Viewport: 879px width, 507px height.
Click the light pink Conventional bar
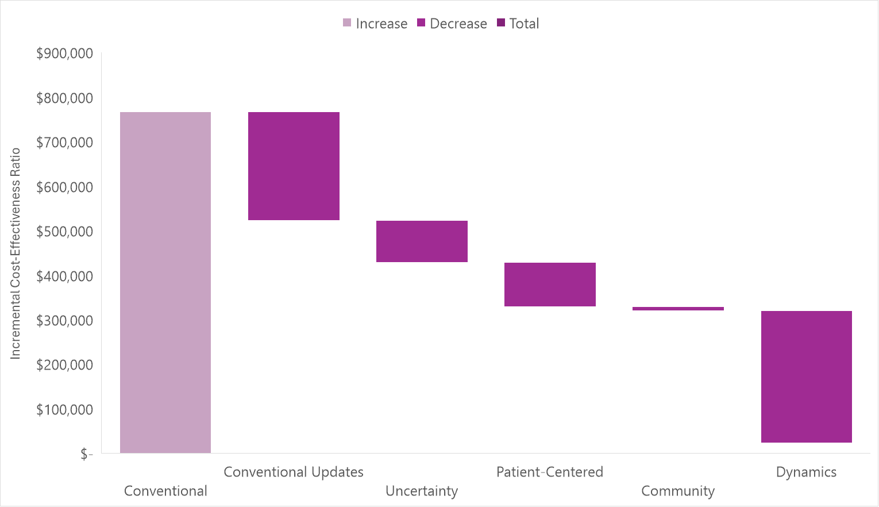point(165,282)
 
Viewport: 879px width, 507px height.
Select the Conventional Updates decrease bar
point(294,166)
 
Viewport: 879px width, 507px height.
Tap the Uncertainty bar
point(422,241)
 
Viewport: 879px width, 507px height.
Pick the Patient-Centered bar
point(550,285)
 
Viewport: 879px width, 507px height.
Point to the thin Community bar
point(678,309)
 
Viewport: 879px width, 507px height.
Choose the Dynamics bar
point(806,377)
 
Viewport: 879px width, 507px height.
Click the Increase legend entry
point(375,24)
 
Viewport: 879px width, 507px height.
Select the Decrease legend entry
point(452,24)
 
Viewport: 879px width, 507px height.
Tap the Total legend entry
point(518,24)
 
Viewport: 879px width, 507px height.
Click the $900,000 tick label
point(64,53)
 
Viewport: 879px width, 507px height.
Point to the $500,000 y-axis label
point(64,232)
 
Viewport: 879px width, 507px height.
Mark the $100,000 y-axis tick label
point(64,410)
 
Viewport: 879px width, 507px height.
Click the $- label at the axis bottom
point(86,455)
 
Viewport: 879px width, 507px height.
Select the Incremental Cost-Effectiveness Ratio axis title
point(16,253)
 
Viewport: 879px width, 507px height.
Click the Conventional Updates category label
point(294,472)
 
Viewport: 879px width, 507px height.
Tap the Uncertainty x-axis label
point(422,491)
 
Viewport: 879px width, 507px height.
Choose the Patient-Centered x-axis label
point(550,472)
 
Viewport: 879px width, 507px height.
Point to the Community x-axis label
point(678,491)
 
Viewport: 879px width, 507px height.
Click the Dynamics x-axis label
point(806,472)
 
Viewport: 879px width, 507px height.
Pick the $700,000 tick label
point(64,143)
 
